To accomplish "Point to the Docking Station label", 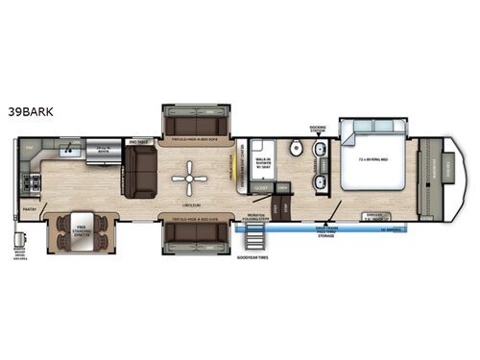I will [318, 127].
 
